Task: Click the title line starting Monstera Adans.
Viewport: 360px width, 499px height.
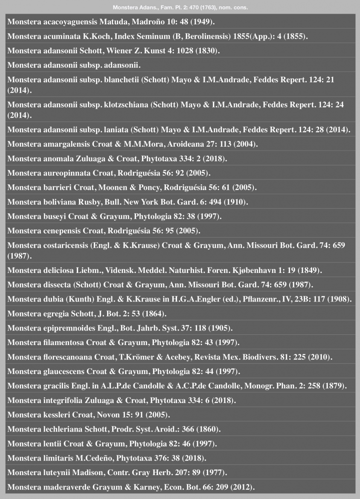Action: point(180,8)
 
